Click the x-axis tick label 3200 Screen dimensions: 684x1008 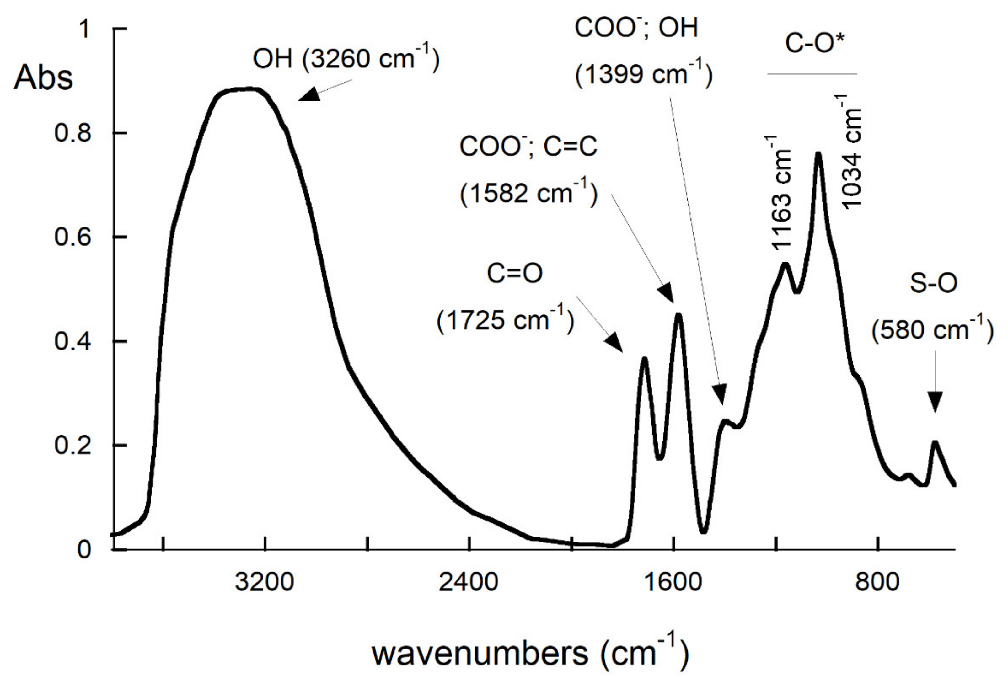click(x=264, y=582)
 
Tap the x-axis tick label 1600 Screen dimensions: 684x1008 click(x=673, y=582)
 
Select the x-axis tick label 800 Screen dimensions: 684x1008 click(x=877, y=582)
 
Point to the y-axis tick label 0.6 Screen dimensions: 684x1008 click(x=73, y=237)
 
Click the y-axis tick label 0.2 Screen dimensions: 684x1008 click(x=73, y=446)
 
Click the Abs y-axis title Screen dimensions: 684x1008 click(x=43, y=78)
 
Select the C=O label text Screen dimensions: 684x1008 click(x=514, y=274)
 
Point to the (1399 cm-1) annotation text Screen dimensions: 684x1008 click(x=643, y=75)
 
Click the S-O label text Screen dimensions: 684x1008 click(x=933, y=284)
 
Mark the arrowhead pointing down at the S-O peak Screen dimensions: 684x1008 click(x=935, y=402)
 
